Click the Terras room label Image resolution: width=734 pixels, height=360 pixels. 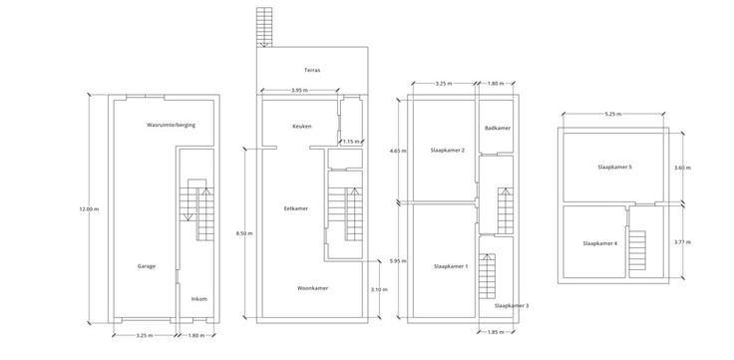(312, 70)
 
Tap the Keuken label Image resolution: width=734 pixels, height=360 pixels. (302, 127)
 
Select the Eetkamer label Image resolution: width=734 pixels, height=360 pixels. (296, 208)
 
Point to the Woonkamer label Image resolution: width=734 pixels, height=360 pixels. (313, 288)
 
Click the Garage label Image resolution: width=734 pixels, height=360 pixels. (147, 266)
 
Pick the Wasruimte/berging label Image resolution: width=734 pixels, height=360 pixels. (171, 125)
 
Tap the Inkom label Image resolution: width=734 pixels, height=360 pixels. (198, 299)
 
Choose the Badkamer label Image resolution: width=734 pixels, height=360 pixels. (498, 128)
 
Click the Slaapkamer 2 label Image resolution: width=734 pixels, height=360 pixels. (448, 151)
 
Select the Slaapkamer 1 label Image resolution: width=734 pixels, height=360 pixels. (451, 266)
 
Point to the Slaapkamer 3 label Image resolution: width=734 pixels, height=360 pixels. (512, 306)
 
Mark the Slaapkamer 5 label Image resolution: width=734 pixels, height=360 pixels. (615, 167)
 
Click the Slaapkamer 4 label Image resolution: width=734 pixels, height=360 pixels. (600, 243)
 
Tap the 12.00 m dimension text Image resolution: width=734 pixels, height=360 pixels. (89, 209)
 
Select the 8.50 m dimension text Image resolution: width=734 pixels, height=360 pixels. (244, 233)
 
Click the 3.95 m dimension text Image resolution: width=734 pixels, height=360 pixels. (299, 90)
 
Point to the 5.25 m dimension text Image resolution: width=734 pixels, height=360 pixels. (613, 114)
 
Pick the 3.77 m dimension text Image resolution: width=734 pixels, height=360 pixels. (682, 242)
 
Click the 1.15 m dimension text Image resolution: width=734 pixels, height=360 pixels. (351, 141)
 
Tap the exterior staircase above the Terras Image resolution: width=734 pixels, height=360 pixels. (264, 27)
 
